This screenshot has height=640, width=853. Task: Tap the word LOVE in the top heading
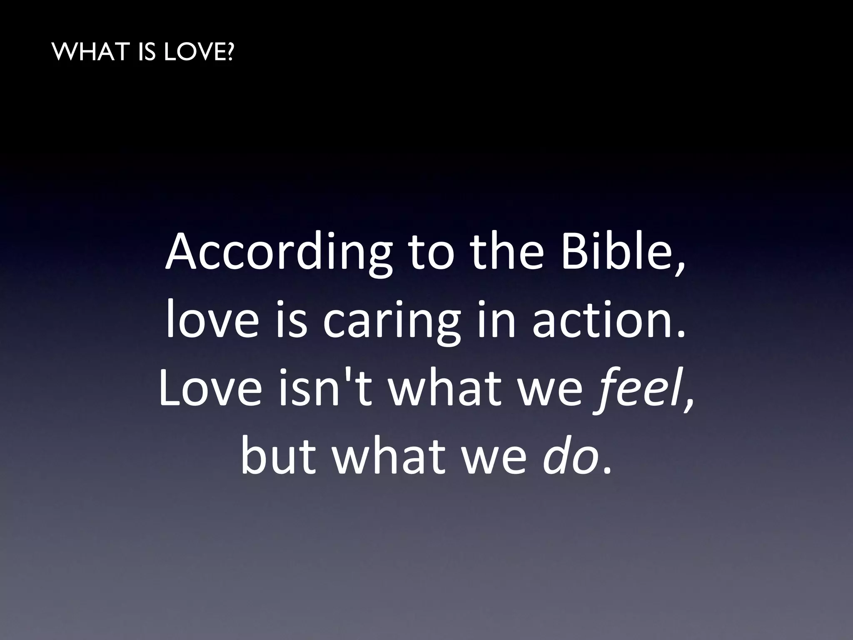(x=191, y=53)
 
